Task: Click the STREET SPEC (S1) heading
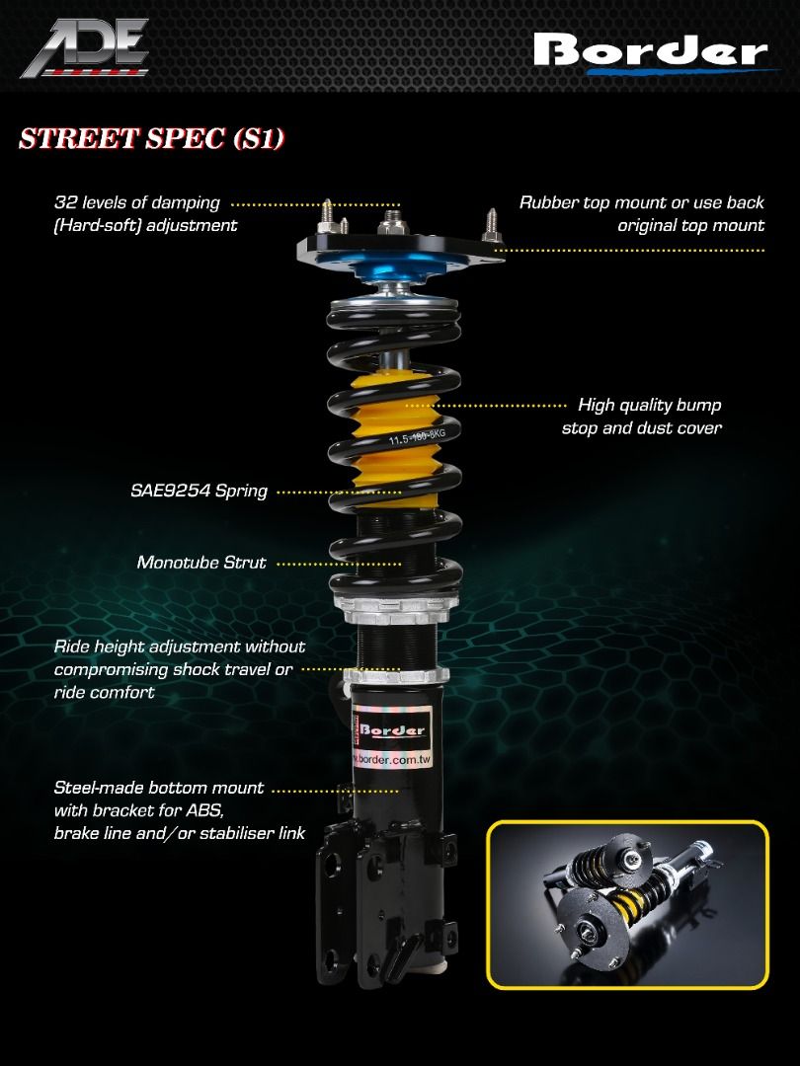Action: pos(152,138)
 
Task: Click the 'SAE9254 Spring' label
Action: pos(199,491)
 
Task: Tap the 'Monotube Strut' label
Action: pos(201,563)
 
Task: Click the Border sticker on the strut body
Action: pos(392,729)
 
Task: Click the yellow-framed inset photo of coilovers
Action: pos(627,903)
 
